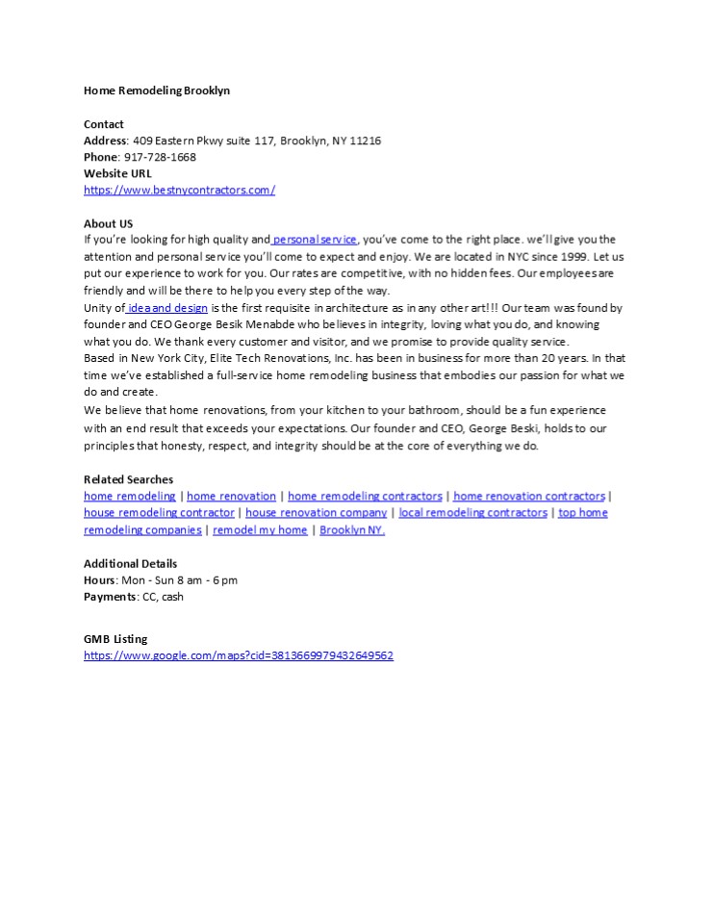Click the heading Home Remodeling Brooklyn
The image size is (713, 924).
tap(157, 90)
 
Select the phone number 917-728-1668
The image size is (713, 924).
tap(160, 157)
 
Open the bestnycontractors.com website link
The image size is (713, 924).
tap(179, 190)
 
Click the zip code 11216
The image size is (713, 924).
tap(366, 141)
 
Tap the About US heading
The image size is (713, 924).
tap(108, 223)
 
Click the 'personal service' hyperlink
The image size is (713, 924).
tap(316, 240)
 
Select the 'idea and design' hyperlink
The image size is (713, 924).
tap(167, 308)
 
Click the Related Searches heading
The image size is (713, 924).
tap(128, 479)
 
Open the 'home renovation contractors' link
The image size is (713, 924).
tap(529, 496)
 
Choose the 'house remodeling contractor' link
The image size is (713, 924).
tap(159, 513)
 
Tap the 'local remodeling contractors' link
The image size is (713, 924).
tap(472, 513)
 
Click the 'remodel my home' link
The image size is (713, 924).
tap(260, 530)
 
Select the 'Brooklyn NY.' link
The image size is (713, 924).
tap(352, 530)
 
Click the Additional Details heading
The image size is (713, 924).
tap(130, 564)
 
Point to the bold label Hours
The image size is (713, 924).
tap(100, 580)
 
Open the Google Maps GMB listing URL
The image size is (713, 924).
tap(239, 655)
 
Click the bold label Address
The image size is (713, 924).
tap(105, 141)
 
